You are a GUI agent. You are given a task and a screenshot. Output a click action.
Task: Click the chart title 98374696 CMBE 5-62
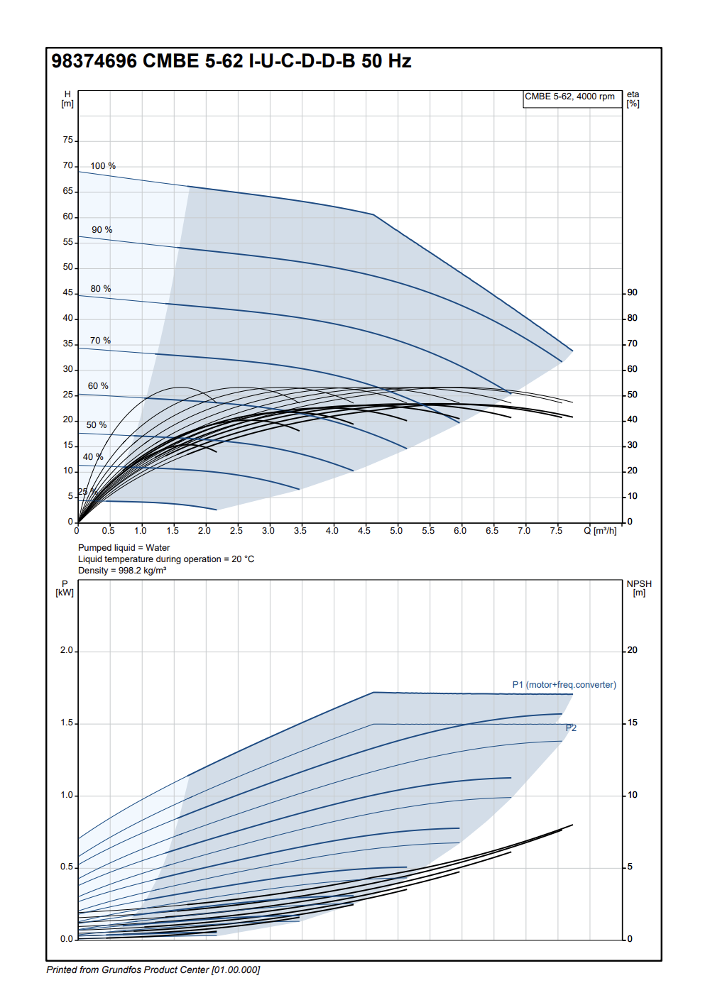pos(231,61)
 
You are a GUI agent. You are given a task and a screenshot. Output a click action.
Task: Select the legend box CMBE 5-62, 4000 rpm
pos(569,97)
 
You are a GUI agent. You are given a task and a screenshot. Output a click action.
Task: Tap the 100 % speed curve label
pos(103,166)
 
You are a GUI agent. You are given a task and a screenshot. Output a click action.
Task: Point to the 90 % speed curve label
pos(102,230)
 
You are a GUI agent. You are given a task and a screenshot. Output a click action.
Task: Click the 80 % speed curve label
pos(101,289)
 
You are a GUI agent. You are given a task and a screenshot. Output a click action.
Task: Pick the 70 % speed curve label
pos(100,341)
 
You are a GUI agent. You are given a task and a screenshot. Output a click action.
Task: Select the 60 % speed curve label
pos(98,386)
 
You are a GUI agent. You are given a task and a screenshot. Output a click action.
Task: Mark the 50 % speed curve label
pos(97,425)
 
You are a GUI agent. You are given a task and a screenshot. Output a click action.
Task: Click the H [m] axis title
pos(67,99)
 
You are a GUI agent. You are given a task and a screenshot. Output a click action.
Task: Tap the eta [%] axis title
pos(633,99)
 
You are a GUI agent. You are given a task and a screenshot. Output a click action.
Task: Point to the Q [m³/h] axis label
pos(600,531)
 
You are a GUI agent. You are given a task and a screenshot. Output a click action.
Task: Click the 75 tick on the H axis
pos(68,141)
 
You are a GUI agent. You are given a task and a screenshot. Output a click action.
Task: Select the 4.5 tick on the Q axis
pos(364,531)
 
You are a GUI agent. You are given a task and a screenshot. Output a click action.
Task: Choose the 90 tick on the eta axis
pos(632,292)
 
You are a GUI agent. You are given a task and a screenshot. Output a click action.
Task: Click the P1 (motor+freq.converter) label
pos(564,685)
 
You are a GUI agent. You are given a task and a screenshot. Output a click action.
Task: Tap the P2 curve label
pos(571,728)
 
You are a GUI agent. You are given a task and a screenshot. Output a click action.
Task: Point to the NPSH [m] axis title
pos(639,588)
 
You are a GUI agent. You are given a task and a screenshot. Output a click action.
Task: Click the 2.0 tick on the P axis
pos(67,650)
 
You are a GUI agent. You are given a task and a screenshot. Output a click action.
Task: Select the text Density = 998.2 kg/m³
pos(122,571)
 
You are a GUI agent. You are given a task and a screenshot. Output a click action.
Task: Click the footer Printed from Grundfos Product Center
pos(153,970)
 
